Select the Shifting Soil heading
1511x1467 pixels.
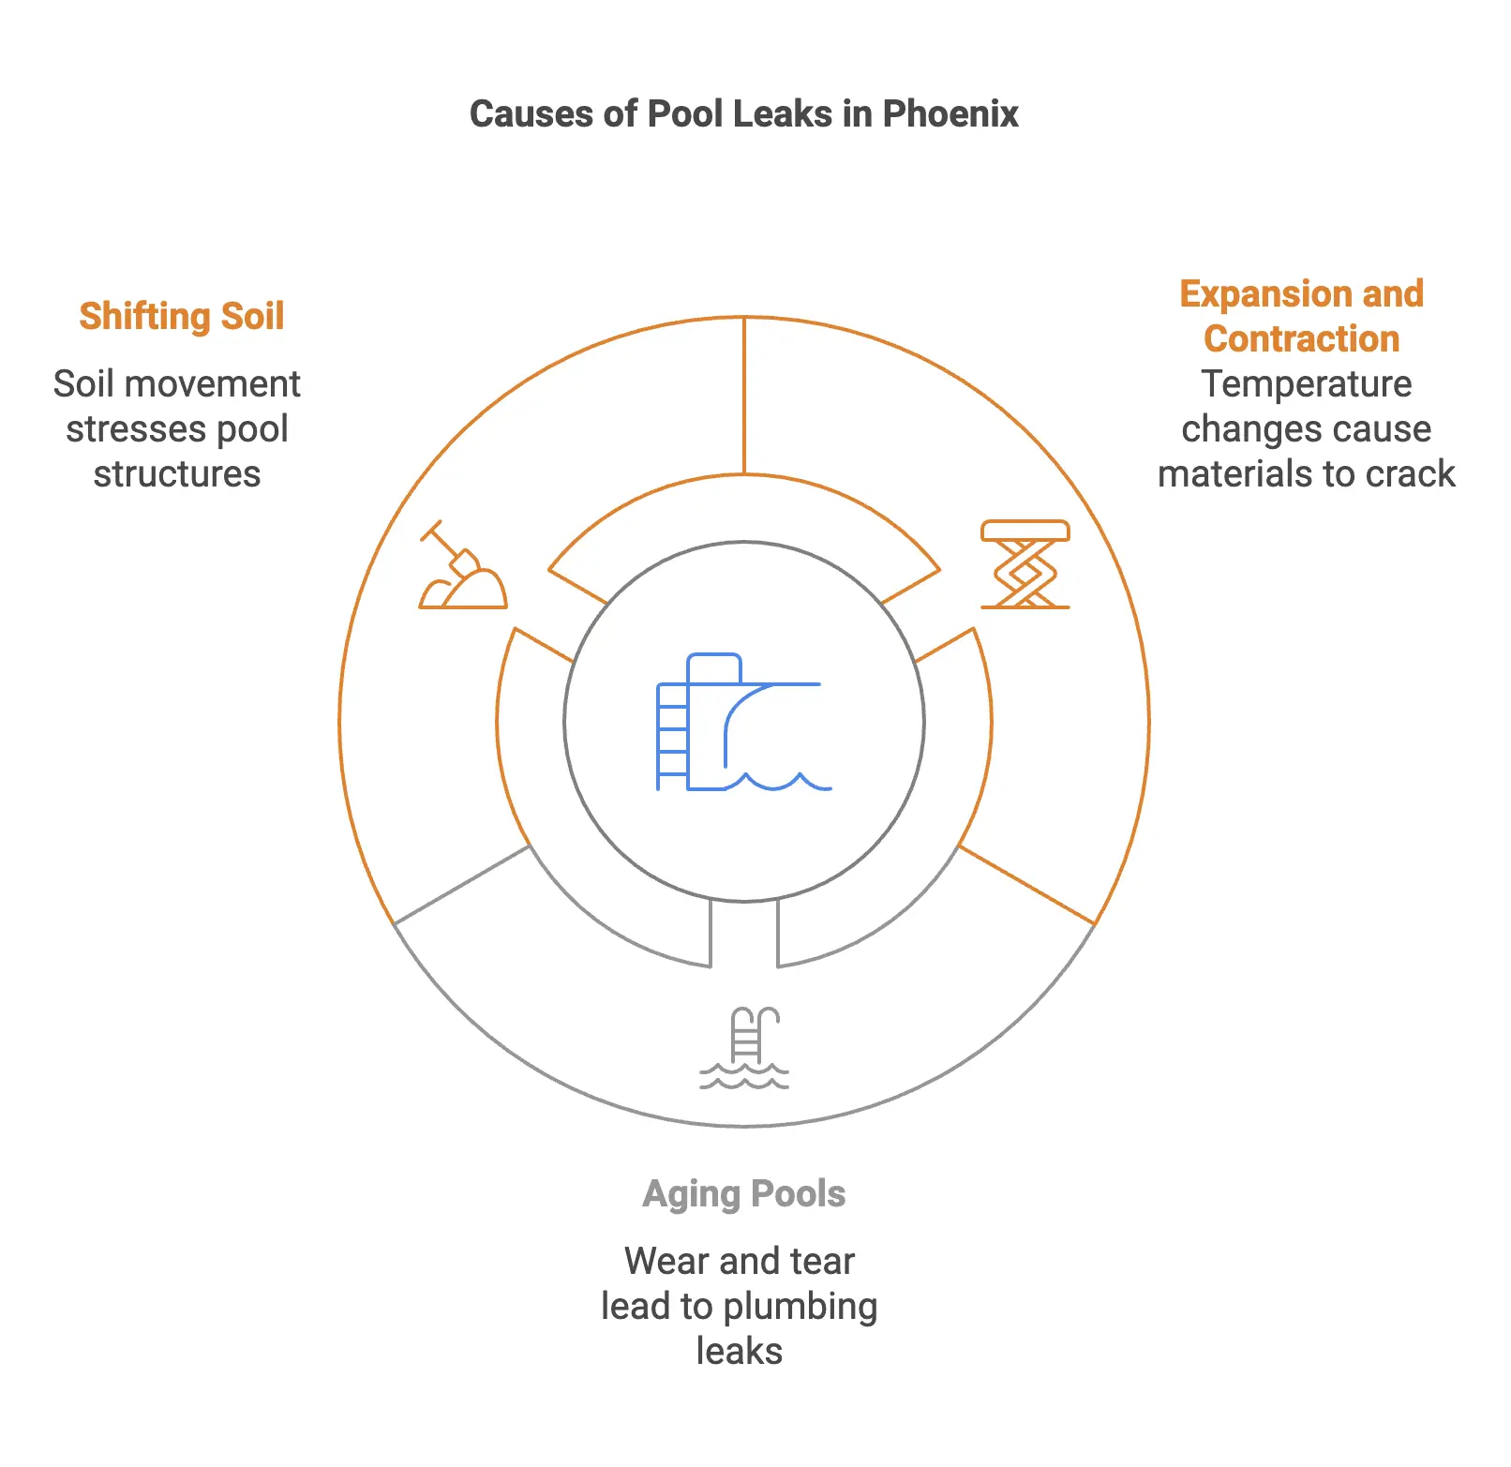(181, 317)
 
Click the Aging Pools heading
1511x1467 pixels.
(744, 1194)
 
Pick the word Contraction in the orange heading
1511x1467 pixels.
(1301, 339)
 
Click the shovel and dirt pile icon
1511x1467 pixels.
(462, 567)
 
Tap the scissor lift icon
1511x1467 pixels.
(1025, 565)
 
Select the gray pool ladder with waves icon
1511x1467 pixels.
(744, 1048)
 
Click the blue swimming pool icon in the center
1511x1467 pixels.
(743, 723)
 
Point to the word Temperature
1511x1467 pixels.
(1306, 384)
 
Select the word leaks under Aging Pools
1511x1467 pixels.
(739, 1352)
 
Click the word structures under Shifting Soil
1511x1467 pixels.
(176, 474)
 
